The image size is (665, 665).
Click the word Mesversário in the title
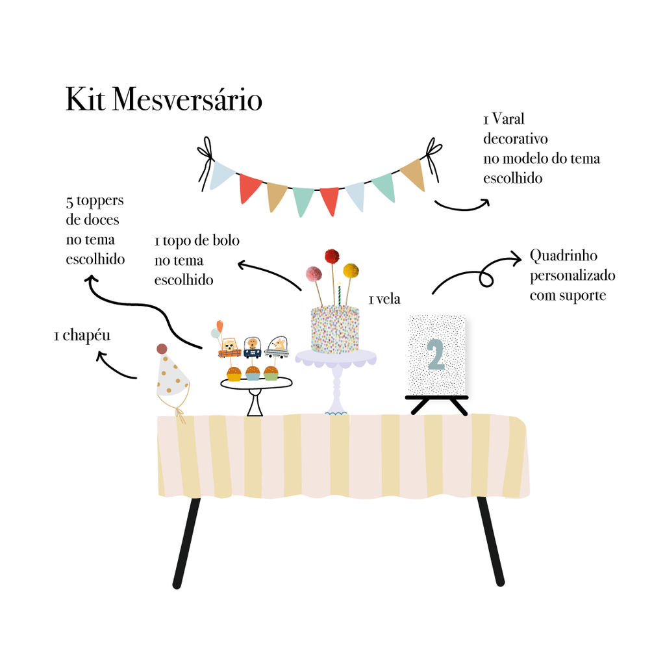187,99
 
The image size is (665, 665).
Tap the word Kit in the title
85,99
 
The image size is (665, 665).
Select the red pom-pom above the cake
332,256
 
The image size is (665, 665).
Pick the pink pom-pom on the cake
314,273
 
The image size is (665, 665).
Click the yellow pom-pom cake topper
351,270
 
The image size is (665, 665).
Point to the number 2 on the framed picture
436,355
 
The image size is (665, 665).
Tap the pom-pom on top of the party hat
162,349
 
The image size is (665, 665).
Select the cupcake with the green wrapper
271,373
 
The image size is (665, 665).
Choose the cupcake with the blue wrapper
253,373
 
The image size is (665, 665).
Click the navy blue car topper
253,347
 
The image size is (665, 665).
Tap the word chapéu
86,336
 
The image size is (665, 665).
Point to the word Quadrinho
564,256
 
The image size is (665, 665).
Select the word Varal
508,119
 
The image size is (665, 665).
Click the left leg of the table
186,543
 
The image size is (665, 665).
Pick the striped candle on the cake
339,294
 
